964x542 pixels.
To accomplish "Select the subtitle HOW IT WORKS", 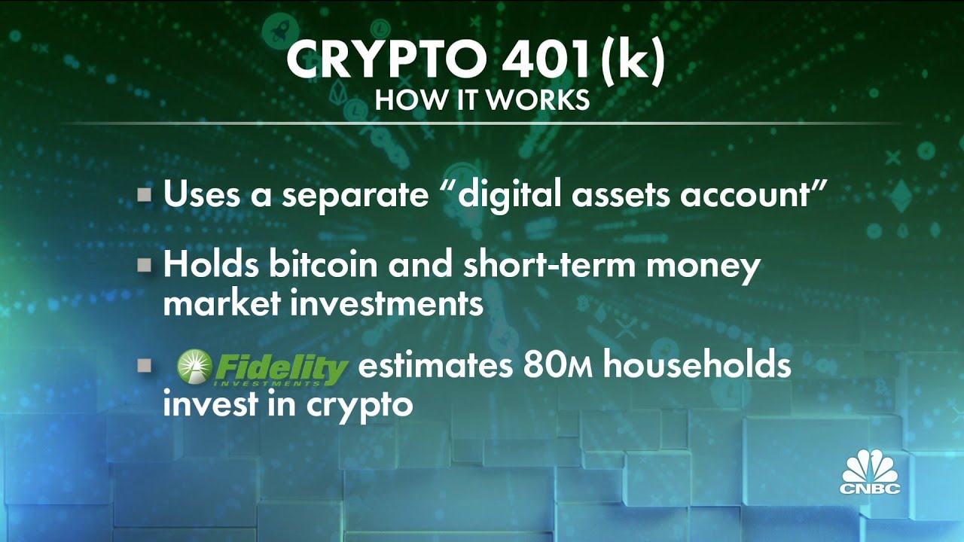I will (x=482, y=101).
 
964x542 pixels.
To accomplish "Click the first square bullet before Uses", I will (x=145, y=196).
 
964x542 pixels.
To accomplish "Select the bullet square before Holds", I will (x=145, y=266).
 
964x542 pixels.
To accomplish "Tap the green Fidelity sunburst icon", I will (x=194, y=367).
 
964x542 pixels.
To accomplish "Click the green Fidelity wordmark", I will (x=280, y=368).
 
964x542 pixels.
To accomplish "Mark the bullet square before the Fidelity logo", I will (x=145, y=367).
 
